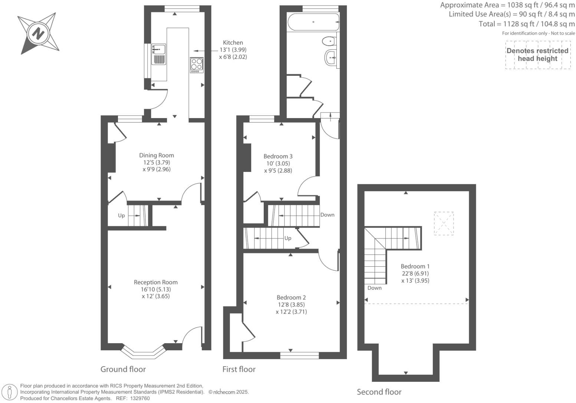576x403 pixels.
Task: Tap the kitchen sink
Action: tap(158, 49)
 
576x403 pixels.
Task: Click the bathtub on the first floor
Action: tap(313, 22)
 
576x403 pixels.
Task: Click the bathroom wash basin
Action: tap(331, 58)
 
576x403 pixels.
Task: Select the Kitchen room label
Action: tap(233, 43)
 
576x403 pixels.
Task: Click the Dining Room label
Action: tap(156, 155)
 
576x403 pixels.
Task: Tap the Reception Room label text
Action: tap(155, 282)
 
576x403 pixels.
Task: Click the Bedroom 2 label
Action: tap(291, 298)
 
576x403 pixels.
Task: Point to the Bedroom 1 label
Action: tap(415, 266)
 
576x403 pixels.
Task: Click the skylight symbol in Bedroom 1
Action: tap(444, 223)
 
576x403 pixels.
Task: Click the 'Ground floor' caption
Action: tap(123, 369)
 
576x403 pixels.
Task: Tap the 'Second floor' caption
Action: tap(379, 392)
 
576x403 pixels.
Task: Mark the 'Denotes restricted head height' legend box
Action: tap(537, 55)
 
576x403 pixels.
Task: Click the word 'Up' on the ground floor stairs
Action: tap(121, 215)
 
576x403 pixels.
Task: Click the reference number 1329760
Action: tap(138, 398)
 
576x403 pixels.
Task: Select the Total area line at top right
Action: tap(527, 24)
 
